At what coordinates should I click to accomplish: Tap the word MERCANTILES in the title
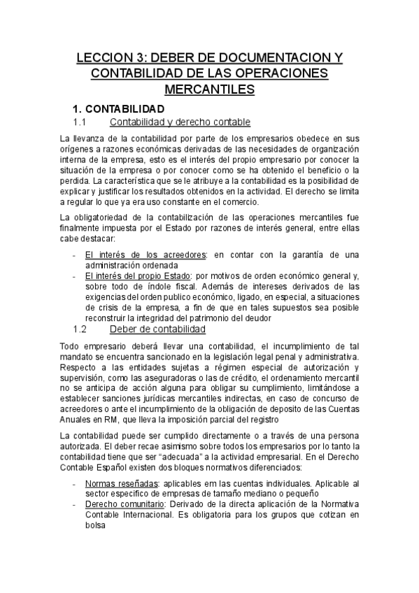click(x=209, y=90)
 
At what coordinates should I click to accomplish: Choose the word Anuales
click(x=77, y=421)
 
